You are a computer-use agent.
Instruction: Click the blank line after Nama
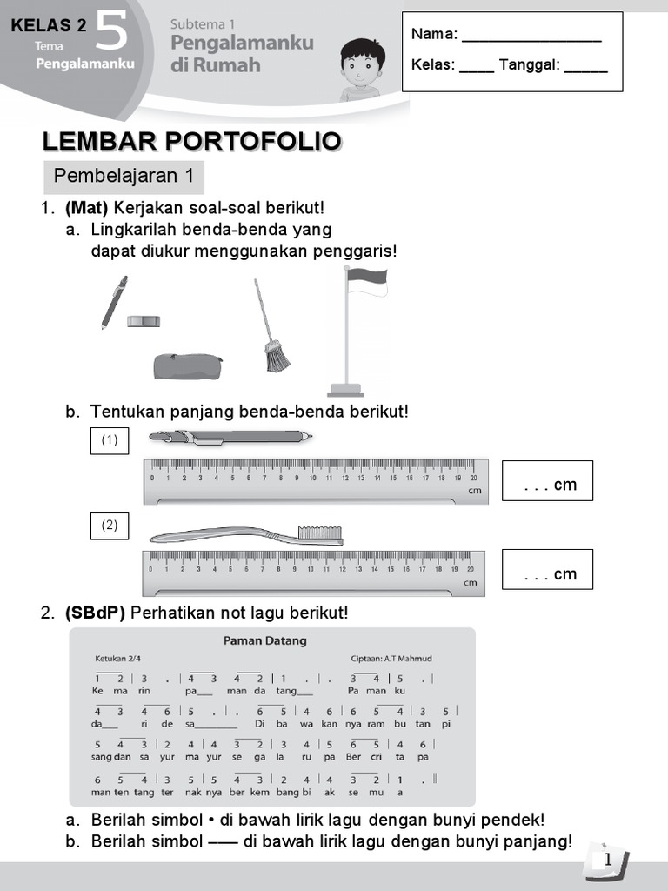click(x=531, y=36)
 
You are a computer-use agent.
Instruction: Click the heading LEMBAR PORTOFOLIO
click(x=191, y=142)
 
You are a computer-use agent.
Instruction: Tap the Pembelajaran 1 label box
click(x=124, y=177)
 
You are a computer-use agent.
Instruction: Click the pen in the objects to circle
click(x=113, y=303)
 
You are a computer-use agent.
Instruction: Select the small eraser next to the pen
click(x=144, y=321)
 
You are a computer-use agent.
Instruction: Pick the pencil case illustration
click(x=188, y=366)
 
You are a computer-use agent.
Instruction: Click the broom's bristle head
click(x=277, y=356)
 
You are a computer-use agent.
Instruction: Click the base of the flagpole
click(x=345, y=389)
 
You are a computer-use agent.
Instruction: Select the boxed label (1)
click(x=110, y=440)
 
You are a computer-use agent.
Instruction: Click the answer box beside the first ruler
click(x=547, y=481)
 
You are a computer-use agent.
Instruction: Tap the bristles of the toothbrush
click(x=319, y=533)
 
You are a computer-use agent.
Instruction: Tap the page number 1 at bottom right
click(x=607, y=861)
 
